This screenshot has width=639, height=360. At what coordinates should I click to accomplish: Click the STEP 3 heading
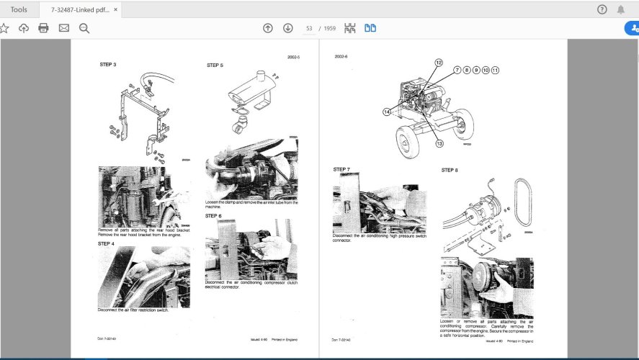(x=108, y=65)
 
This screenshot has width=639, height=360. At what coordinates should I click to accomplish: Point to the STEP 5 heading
(x=215, y=66)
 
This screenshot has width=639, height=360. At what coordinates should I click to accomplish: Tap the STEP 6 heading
(x=213, y=215)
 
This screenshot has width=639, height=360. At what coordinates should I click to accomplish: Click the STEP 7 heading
(x=341, y=169)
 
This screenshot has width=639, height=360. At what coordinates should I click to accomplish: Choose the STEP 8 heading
(x=450, y=170)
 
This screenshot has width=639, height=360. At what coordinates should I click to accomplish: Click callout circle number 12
(x=438, y=63)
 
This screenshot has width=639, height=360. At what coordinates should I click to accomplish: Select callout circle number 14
(x=387, y=112)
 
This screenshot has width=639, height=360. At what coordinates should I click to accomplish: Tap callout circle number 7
(x=457, y=70)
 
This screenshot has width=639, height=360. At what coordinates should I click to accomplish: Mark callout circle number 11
(x=496, y=70)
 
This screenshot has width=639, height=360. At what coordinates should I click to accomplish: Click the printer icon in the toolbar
(x=43, y=28)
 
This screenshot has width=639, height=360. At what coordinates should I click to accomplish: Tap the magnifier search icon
(x=84, y=28)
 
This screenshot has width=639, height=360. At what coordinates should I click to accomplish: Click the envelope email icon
(x=63, y=28)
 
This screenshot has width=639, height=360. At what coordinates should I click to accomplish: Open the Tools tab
(x=19, y=9)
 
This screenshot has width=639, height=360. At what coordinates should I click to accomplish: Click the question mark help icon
(x=602, y=9)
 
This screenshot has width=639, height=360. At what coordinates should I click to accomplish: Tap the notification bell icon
(x=621, y=9)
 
